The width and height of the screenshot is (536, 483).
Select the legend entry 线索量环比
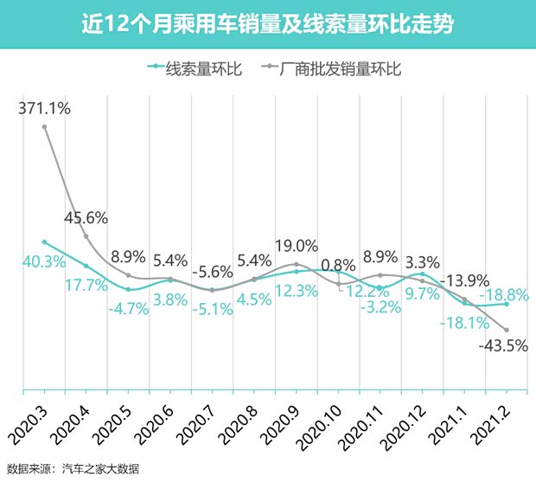coord(195,67)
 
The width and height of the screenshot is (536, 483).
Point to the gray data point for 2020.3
coord(44,127)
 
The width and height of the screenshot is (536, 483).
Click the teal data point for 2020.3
coord(44,241)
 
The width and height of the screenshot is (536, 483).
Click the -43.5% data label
coord(502,346)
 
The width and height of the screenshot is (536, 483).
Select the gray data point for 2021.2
coord(506,329)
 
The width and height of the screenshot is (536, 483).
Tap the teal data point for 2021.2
coord(506,304)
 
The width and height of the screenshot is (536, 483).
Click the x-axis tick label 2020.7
coord(200,419)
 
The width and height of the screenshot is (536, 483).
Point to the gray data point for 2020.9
coord(297,264)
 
